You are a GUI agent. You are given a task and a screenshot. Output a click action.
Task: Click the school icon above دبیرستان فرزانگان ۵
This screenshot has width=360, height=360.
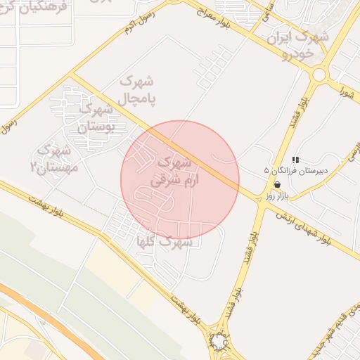click(x=296, y=160)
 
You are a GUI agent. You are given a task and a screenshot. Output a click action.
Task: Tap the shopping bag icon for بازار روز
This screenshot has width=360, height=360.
click(x=277, y=185)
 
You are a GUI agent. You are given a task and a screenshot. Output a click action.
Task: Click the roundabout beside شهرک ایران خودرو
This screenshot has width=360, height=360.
click(x=320, y=74)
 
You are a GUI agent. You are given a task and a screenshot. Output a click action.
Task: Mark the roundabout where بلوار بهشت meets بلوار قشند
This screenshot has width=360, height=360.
click(x=220, y=342)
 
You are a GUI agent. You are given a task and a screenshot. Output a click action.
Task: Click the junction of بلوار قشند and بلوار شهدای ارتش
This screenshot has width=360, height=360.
click(x=262, y=193)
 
